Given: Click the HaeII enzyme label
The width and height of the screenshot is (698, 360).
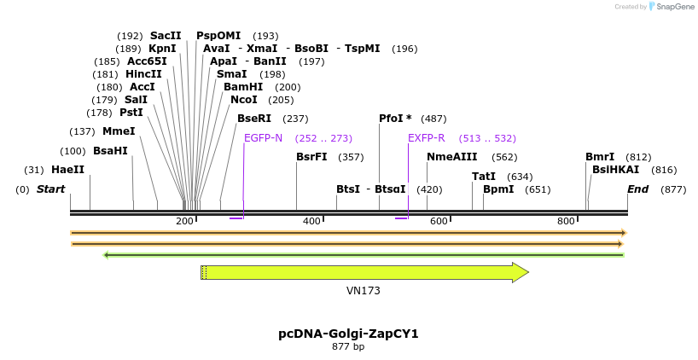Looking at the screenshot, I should point(67,170).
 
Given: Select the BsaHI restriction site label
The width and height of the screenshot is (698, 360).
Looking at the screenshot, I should point(110,151).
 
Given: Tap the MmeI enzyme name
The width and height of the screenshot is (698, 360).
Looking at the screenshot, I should point(119,131).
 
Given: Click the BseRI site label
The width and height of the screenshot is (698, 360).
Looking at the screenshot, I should point(253,119).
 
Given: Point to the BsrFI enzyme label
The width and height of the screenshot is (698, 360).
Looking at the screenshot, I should point(311,157).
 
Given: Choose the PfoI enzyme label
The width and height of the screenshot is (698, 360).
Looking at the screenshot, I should point(395,119).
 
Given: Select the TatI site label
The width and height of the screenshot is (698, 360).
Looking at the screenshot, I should point(484,177).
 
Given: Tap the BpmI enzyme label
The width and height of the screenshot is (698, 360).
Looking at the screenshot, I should point(498,189).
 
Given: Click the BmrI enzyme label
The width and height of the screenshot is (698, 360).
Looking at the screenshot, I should point(600,157).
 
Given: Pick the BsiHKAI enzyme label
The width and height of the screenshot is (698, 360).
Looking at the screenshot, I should point(615,170).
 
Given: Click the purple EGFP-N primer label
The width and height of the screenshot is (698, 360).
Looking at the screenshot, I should point(263,138).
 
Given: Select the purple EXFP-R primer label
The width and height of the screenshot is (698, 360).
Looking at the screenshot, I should point(426,138).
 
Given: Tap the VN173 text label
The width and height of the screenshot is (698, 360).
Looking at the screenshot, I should point(364,291).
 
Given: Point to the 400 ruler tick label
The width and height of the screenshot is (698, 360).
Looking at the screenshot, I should point(311,222).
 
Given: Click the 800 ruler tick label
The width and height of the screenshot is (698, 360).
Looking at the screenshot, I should point(566,222).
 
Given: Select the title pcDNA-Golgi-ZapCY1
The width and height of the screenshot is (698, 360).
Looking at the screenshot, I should point(348,334).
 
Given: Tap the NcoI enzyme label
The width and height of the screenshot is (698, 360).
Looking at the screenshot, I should point(244,100).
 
